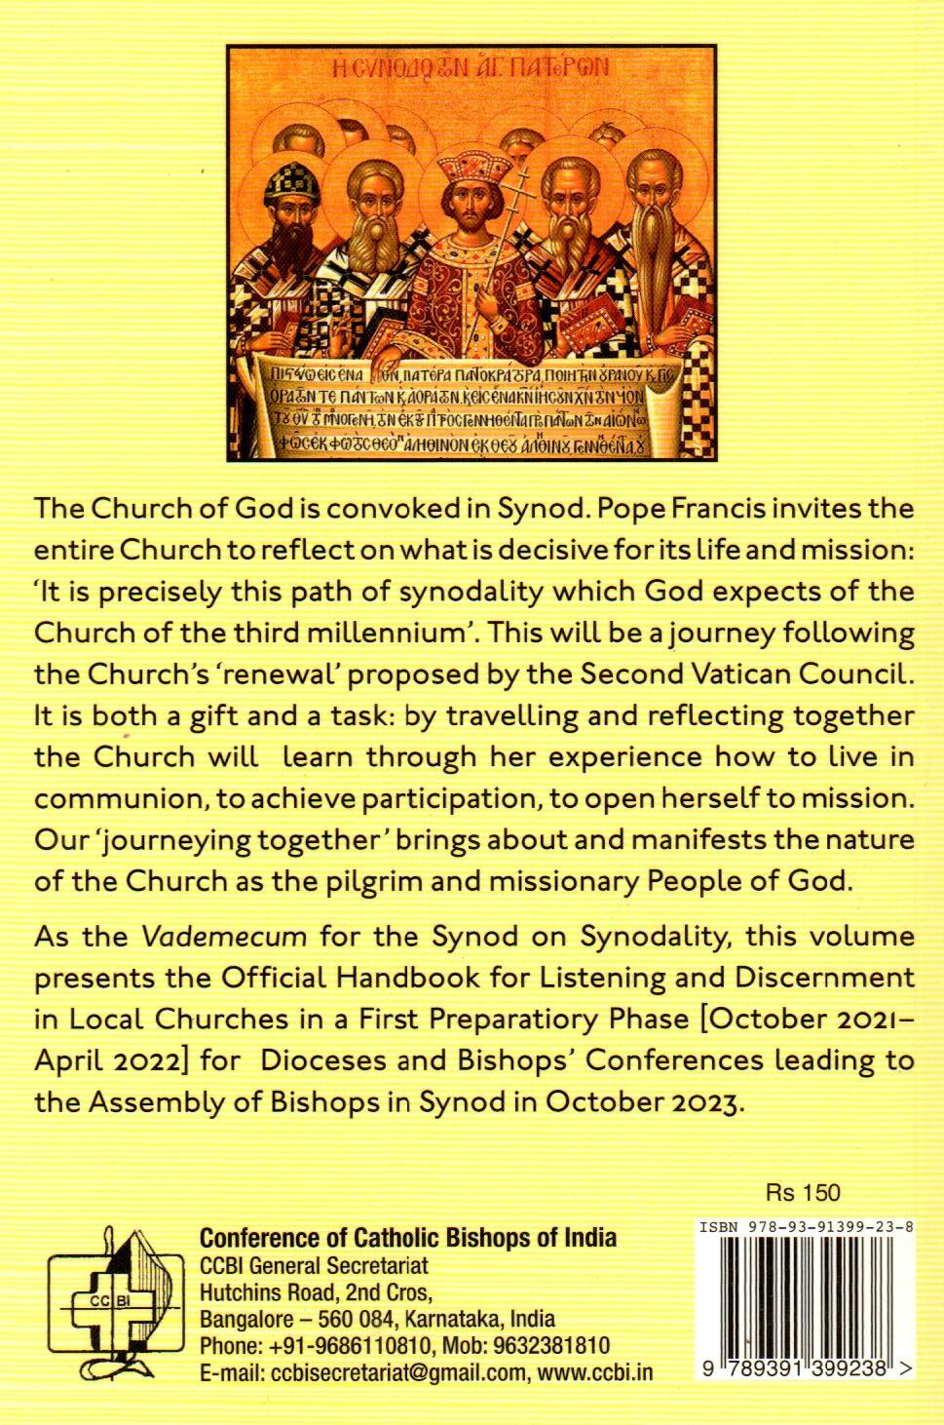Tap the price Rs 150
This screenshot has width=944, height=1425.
(x=803, y=1192)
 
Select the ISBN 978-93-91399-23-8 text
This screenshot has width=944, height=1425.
(x=806, y=1228)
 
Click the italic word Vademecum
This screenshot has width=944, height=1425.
(x=224, y=937)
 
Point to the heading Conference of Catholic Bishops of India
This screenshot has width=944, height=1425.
(x=407, y=1238)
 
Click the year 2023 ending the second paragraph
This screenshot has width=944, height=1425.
(x=703, y=1102)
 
